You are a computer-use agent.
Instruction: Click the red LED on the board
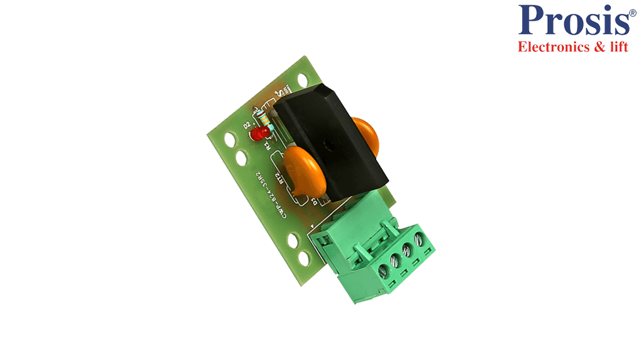pyautogui.click(x=260, y=133)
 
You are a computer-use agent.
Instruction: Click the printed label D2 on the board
pyautogui.click(x=247, y=125)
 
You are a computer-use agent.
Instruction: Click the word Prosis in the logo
pyautogui.click(x=574, y=21)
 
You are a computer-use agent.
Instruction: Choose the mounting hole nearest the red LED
pyautogui.click(x=240, y=156)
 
